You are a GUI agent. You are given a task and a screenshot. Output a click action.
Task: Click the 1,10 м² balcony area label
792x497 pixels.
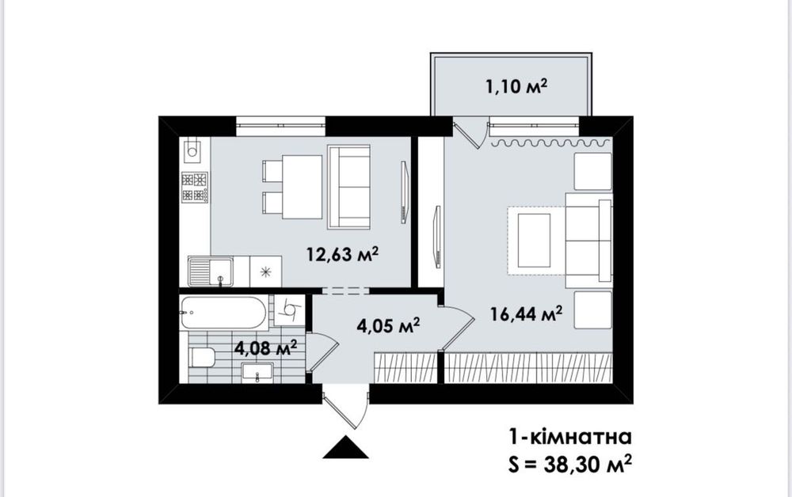(x=516, y=87)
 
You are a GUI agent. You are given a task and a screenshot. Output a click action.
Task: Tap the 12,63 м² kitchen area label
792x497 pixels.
(x=343, y=254)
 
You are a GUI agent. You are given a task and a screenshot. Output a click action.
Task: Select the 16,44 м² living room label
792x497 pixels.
(x=527, y=314)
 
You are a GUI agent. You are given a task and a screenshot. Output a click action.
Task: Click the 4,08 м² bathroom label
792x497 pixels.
(x=265, y=347)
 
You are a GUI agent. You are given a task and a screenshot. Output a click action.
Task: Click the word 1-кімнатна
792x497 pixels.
(x=569, y=437)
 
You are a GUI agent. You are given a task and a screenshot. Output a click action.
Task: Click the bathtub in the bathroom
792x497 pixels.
(x=223, y=313)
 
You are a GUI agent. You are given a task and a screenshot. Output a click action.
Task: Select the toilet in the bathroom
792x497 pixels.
(x=202, y=358)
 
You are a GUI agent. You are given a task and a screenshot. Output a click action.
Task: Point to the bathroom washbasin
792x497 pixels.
(x=257, y=373)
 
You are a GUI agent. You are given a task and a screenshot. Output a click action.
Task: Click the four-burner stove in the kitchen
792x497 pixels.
(x=195, y=188)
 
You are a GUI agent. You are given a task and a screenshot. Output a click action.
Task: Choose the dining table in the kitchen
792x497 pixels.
(x=302, y=188)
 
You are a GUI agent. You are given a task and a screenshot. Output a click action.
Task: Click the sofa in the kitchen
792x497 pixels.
(x=348, y=187)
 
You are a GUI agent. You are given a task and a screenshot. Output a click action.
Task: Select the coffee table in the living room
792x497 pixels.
(x=533, y=240)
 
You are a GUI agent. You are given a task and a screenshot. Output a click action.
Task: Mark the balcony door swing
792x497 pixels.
(x=470, y=133)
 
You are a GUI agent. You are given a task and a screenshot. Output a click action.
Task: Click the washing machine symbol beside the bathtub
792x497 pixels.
(x=289, y=309)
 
